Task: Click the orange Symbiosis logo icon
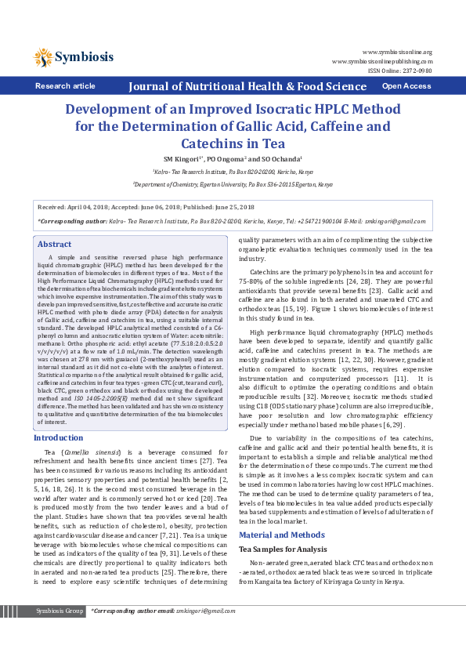(x=43, y=56)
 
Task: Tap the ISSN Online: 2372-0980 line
(x=399, y=70)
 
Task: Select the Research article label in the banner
(x=65, y=86)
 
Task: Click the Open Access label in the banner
(x=406, y=86)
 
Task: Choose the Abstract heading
(x=54, y=245)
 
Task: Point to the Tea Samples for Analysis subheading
(x=283, y=549)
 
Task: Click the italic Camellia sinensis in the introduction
(x=88, y=453)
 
